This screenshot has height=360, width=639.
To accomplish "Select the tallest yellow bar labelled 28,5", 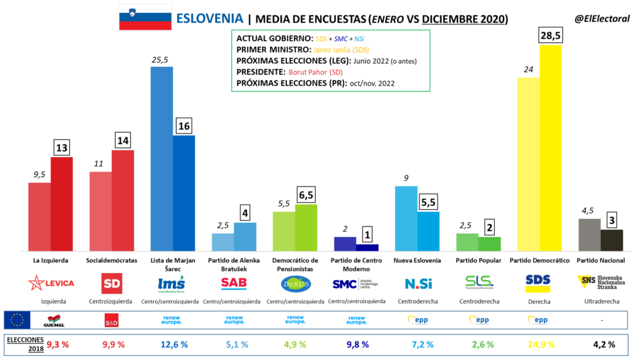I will coord(550,147).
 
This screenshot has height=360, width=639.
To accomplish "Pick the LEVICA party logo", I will coord(51,283).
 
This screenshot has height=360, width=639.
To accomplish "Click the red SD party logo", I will coord(112,283).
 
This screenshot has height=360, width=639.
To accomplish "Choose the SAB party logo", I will coord(234,283).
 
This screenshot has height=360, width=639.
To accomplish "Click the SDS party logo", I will coord(538,283).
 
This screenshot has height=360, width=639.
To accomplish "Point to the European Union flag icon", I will coord(17,320).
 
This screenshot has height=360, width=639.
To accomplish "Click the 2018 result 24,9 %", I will coord(538,343).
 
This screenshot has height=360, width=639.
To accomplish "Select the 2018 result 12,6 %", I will coord(173,343).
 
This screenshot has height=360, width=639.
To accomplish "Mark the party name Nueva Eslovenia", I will coord(417,260).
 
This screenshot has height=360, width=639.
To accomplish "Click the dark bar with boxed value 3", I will coord(611,240).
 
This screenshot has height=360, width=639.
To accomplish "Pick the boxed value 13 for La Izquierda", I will coord(62,148).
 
